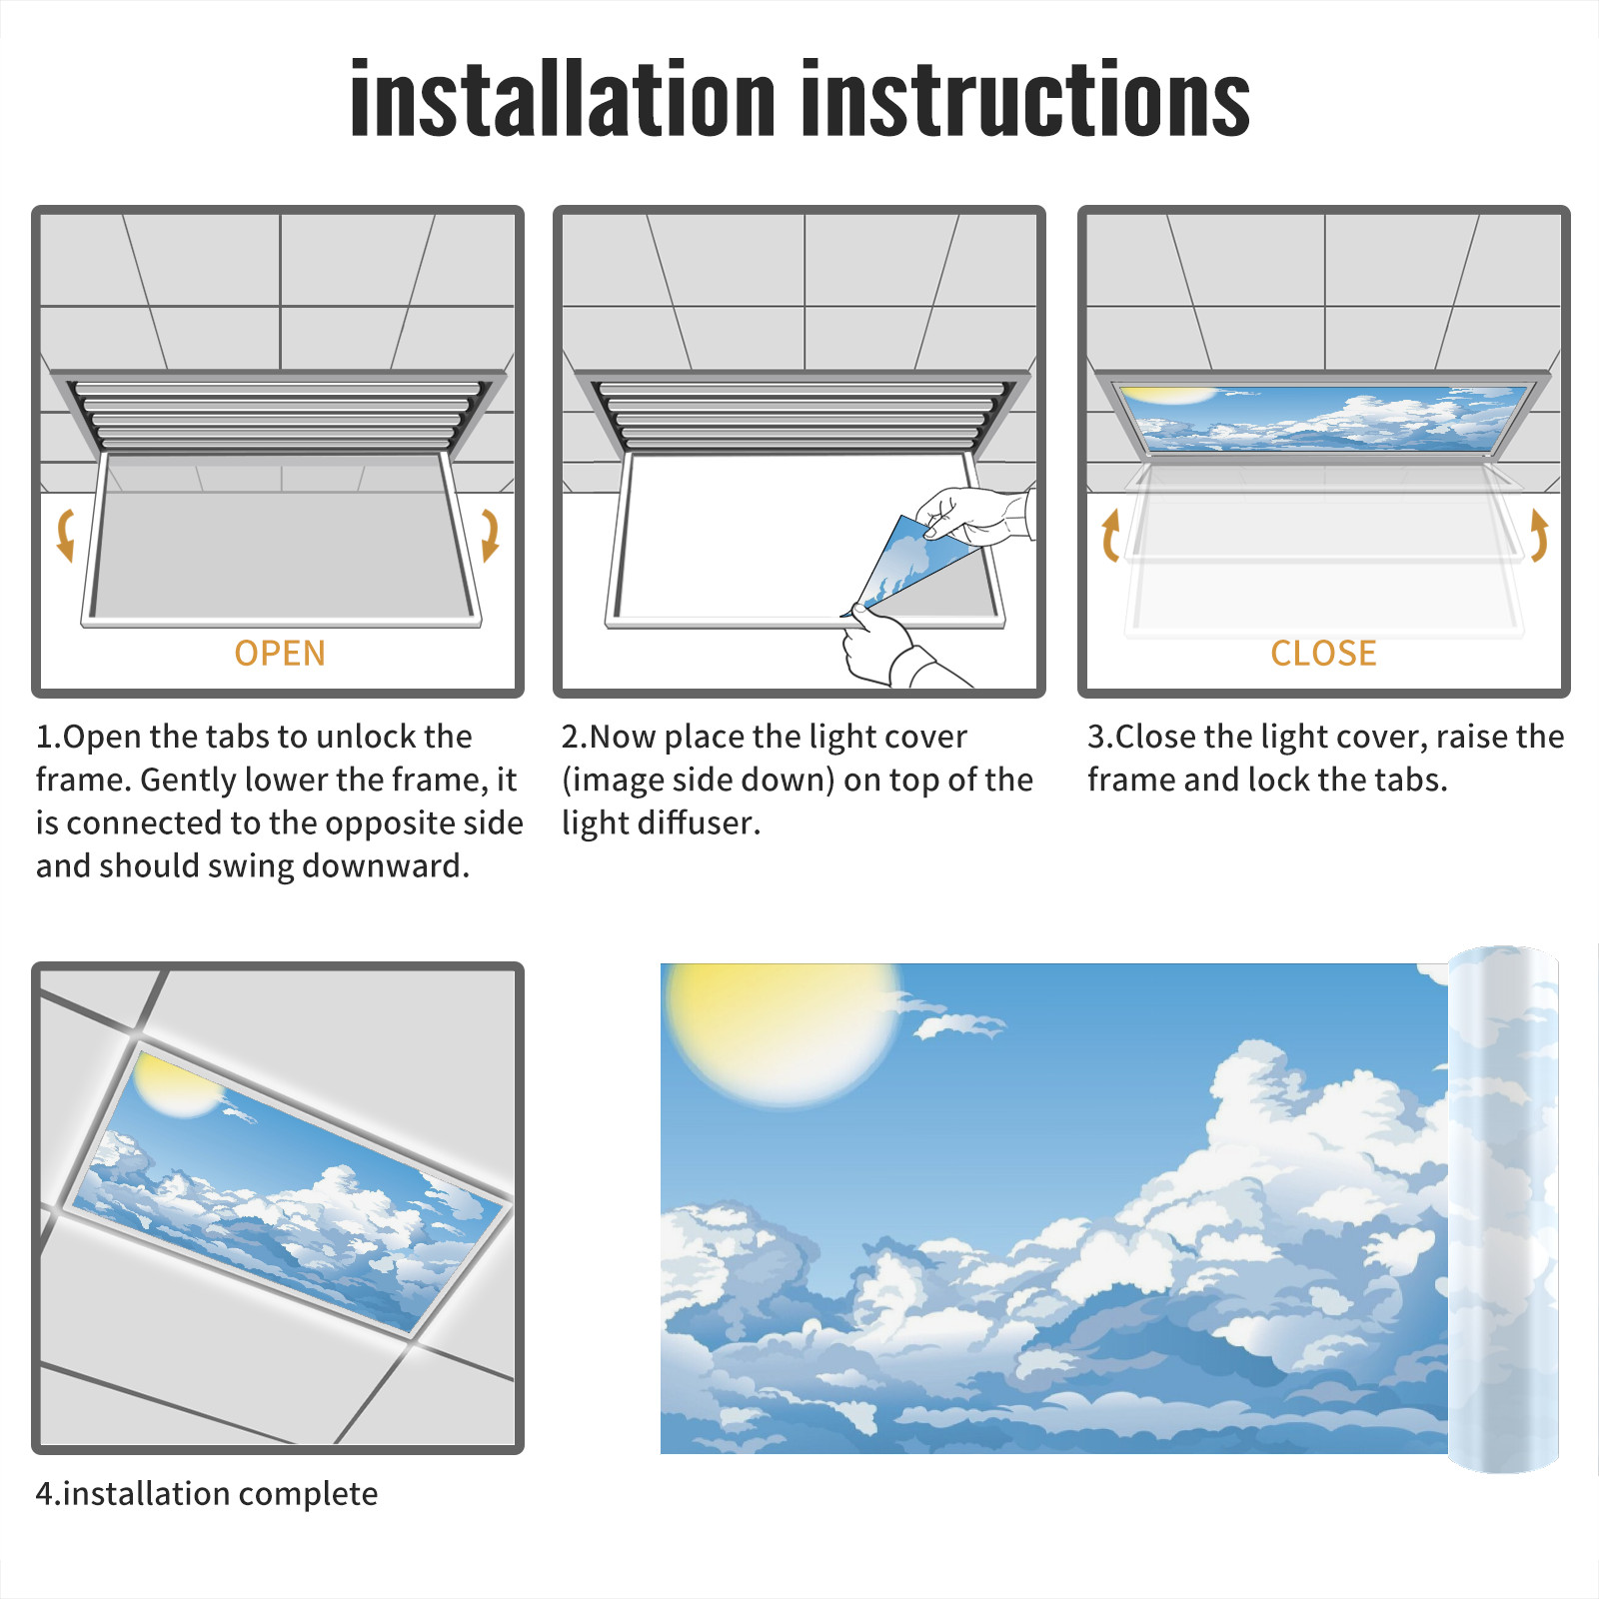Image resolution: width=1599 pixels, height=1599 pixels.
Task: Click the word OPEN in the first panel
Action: [280, 653]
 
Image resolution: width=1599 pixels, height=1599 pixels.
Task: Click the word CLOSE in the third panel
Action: [1323, 653]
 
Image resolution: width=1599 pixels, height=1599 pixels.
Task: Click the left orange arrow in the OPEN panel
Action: [65, 535]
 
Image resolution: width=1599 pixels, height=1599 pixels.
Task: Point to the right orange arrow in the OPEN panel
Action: [490, 535]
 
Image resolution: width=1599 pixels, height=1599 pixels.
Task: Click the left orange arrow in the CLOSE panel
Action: [1110, 535]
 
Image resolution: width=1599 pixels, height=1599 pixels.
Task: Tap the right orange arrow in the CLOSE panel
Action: [1539, 535]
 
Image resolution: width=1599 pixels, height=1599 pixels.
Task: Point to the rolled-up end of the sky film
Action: [1503, 1209]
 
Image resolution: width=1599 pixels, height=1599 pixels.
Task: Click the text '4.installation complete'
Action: [207, 1493]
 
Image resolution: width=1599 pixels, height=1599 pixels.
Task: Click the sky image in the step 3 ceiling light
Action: [1324, 418]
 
